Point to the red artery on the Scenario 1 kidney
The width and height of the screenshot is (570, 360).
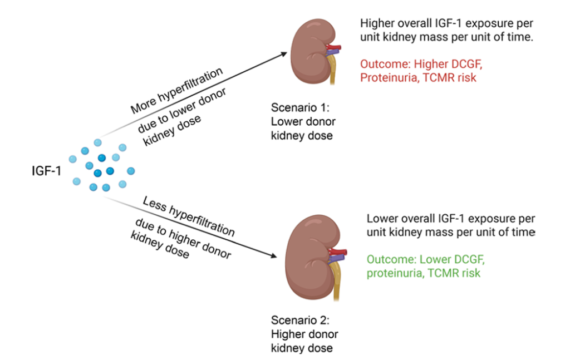(x=336, y=45)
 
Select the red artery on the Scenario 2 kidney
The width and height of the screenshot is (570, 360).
(x=338, y=252)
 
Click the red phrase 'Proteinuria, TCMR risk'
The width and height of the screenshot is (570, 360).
(x=418, y=78)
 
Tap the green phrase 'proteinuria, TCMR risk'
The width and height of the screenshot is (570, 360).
(x=423, y=273)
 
